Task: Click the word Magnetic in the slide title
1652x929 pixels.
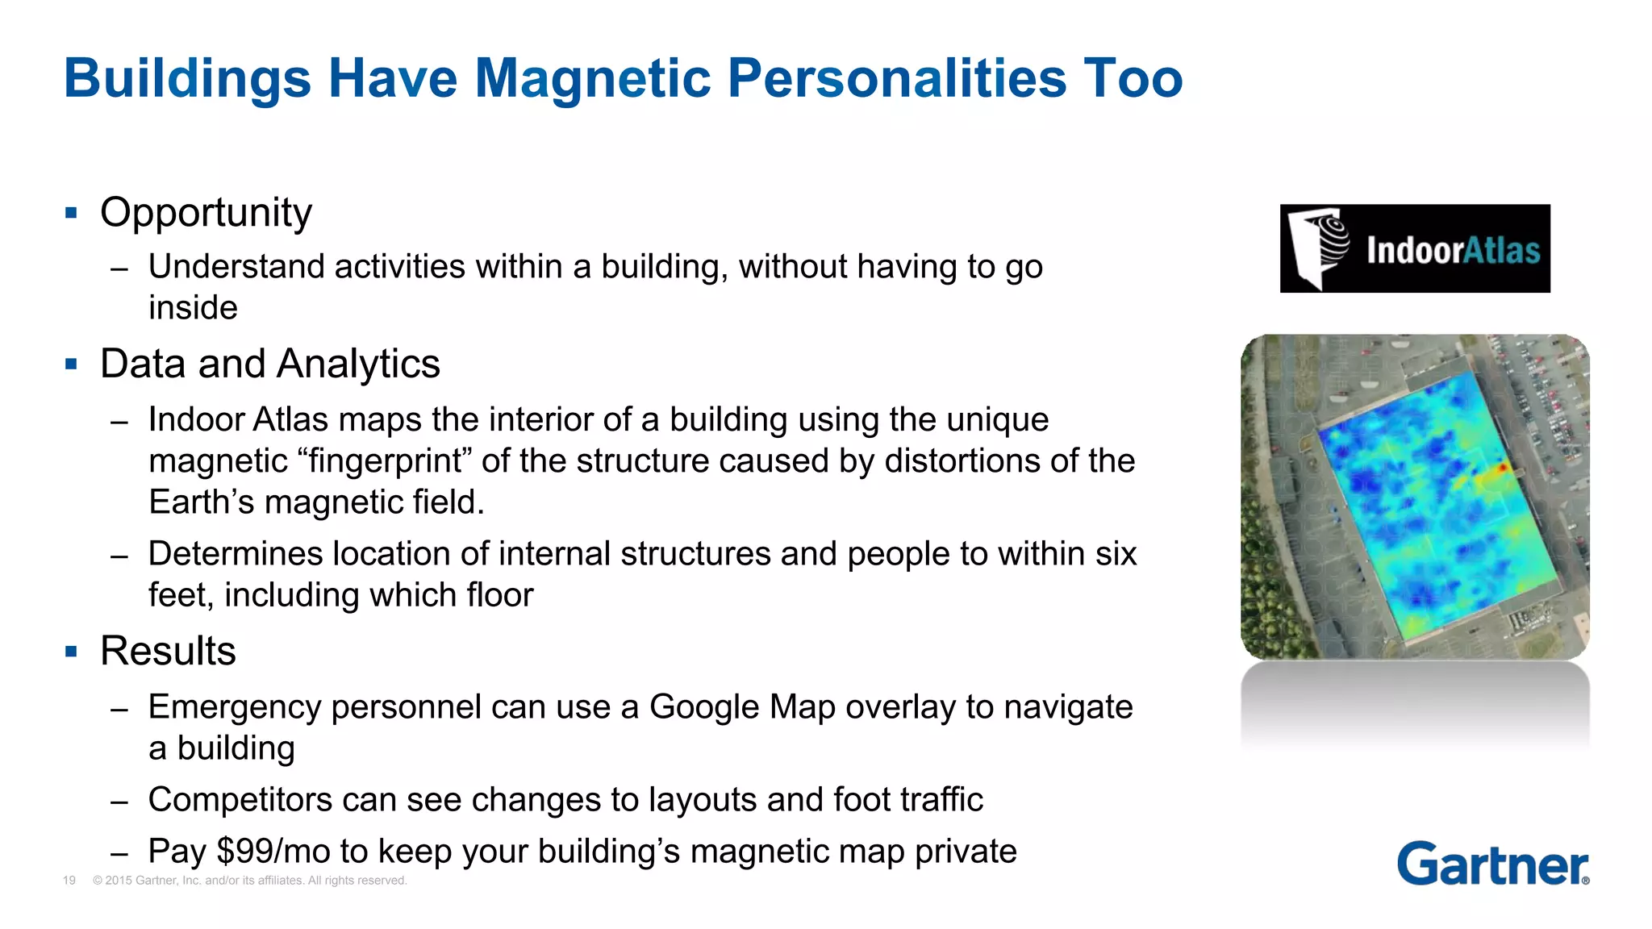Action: tap(592, 78)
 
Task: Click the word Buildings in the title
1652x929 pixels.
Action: tap(187, 78)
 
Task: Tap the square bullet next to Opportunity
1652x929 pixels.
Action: tap(71, 213)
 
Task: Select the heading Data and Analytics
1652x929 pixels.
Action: tap(269, 364)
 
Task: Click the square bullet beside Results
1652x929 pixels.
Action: tap(71, 651)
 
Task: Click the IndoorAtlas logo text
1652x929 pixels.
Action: tap(1453, 250)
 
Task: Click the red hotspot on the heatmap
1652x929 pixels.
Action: tap(1502, 468)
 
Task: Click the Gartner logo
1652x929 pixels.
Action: tap(1492, 864)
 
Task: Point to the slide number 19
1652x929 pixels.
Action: tap(69, 881)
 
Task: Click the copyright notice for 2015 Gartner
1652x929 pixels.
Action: tap(249, 881)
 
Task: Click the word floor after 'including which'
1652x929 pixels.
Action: tap(497, 595)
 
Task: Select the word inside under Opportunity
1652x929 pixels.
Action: tap(193, 308)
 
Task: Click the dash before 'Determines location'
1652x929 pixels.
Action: tap(119, 556)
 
